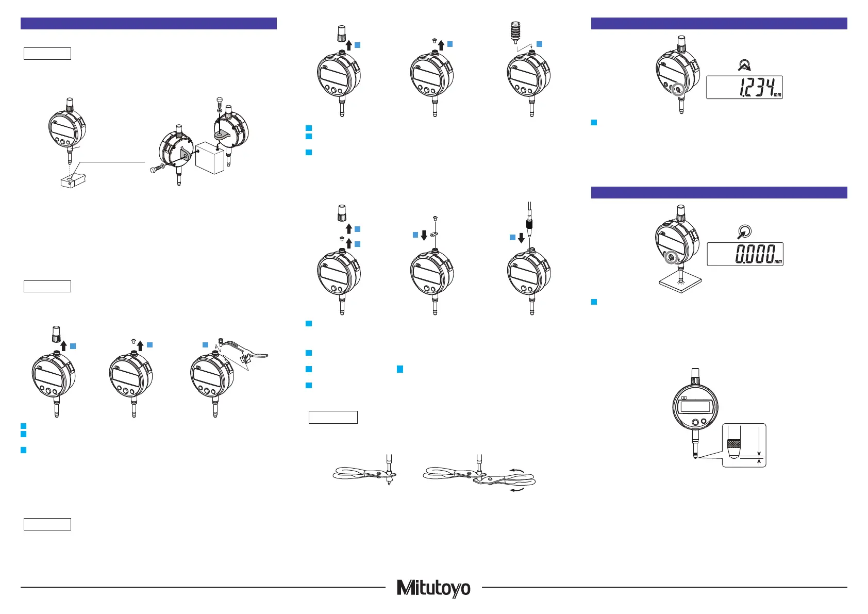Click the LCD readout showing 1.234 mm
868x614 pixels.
pos(744,88)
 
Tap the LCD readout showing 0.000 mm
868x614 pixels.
pos(744,254)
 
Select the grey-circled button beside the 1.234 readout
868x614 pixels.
pos(678,89)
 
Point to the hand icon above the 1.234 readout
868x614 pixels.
pos(743,64)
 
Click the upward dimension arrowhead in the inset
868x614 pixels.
pos(759,463)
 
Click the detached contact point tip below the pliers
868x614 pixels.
pos(389,483)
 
